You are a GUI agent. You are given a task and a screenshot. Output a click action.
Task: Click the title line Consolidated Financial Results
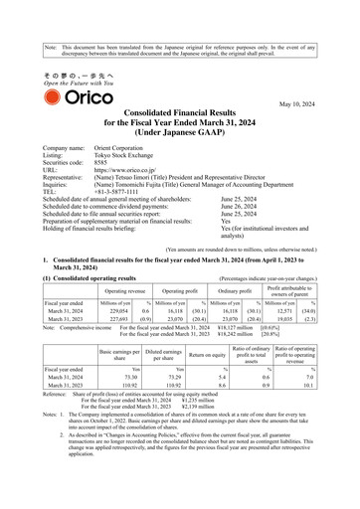pyautogui.click(x=187, y=120)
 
